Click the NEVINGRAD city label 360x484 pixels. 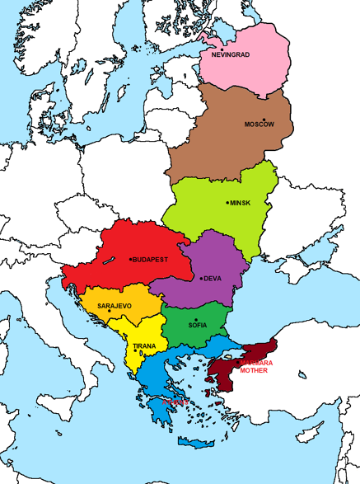point(231,55)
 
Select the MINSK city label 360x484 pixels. point(240,203)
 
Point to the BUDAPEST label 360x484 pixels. point(152,259)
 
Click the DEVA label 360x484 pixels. point(213,279)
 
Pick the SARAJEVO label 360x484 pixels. point(115,306)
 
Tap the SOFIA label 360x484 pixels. point(198,326)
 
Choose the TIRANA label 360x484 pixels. point(144,346)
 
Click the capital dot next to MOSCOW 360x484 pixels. point(264,120)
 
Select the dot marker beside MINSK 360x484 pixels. point(227,203)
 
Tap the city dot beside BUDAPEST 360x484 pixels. point(131,259)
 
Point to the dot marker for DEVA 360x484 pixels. point(201,279)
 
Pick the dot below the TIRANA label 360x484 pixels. point(136,351)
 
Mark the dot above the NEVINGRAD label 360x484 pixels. point(222,49)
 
